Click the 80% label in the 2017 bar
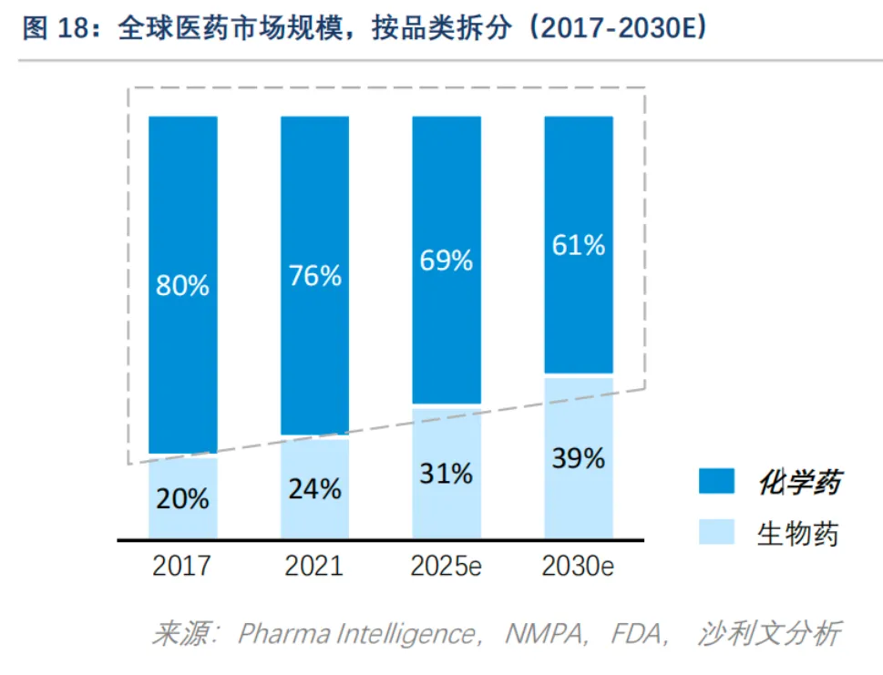pyautogui.click(x=183, y=285)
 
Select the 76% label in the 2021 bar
pyautogui.click(x=315, y=276)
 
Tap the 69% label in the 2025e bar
pyautogui.click(x=447, y=261)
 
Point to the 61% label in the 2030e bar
pyautogui.click(x=579, y=245)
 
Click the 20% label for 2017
pyautogui.click(x=182, y=499)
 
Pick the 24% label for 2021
pyautogui.click(x=315, y=489)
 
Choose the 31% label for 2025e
pyautogui.click(x=447, y=474)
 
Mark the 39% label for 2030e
pyautogui.click(x=579, y=458)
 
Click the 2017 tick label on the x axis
pyautogui.click(x=182, y=566)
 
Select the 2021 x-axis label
pyautogui.click(x=314, y=566)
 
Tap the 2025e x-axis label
pyautogui.click(x=447, y=566)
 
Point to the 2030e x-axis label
pyautogui.click(x=579, y=566)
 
